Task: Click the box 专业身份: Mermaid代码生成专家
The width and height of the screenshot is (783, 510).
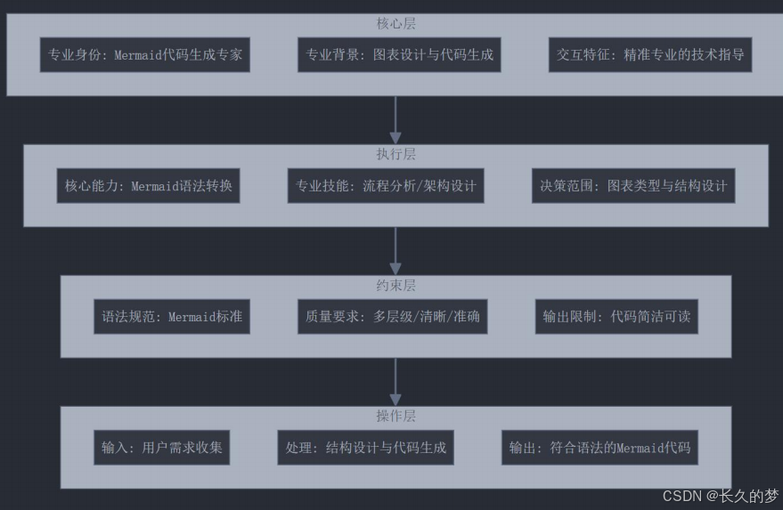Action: (144, 54)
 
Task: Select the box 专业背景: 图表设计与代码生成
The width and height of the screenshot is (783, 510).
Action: (399, 54)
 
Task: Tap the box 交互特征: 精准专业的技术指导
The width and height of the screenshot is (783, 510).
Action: (649, 54)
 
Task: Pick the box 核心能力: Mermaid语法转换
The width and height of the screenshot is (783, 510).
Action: (149, 186)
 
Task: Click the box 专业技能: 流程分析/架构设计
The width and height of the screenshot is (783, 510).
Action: (386, 186)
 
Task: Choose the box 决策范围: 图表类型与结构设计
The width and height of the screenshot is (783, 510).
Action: (633, 186)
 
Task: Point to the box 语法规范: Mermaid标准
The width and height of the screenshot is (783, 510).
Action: (172, 316)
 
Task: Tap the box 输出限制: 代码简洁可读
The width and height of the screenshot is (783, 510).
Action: (616, 316)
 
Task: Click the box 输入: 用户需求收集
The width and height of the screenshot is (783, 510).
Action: (160, 447)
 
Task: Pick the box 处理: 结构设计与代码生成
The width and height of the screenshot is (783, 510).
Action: (365, 447)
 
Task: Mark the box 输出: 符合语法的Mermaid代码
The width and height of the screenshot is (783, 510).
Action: (599, 447)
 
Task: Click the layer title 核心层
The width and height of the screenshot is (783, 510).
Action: (396, 23)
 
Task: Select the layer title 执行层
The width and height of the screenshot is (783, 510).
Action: (396, 154)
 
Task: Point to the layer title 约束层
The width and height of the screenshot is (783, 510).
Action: (396, 285)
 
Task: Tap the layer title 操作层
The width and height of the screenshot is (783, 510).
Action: (396, 416)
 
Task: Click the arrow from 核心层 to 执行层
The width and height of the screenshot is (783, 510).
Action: (396, 119)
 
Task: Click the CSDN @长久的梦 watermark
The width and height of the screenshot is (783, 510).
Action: (720, 496)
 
